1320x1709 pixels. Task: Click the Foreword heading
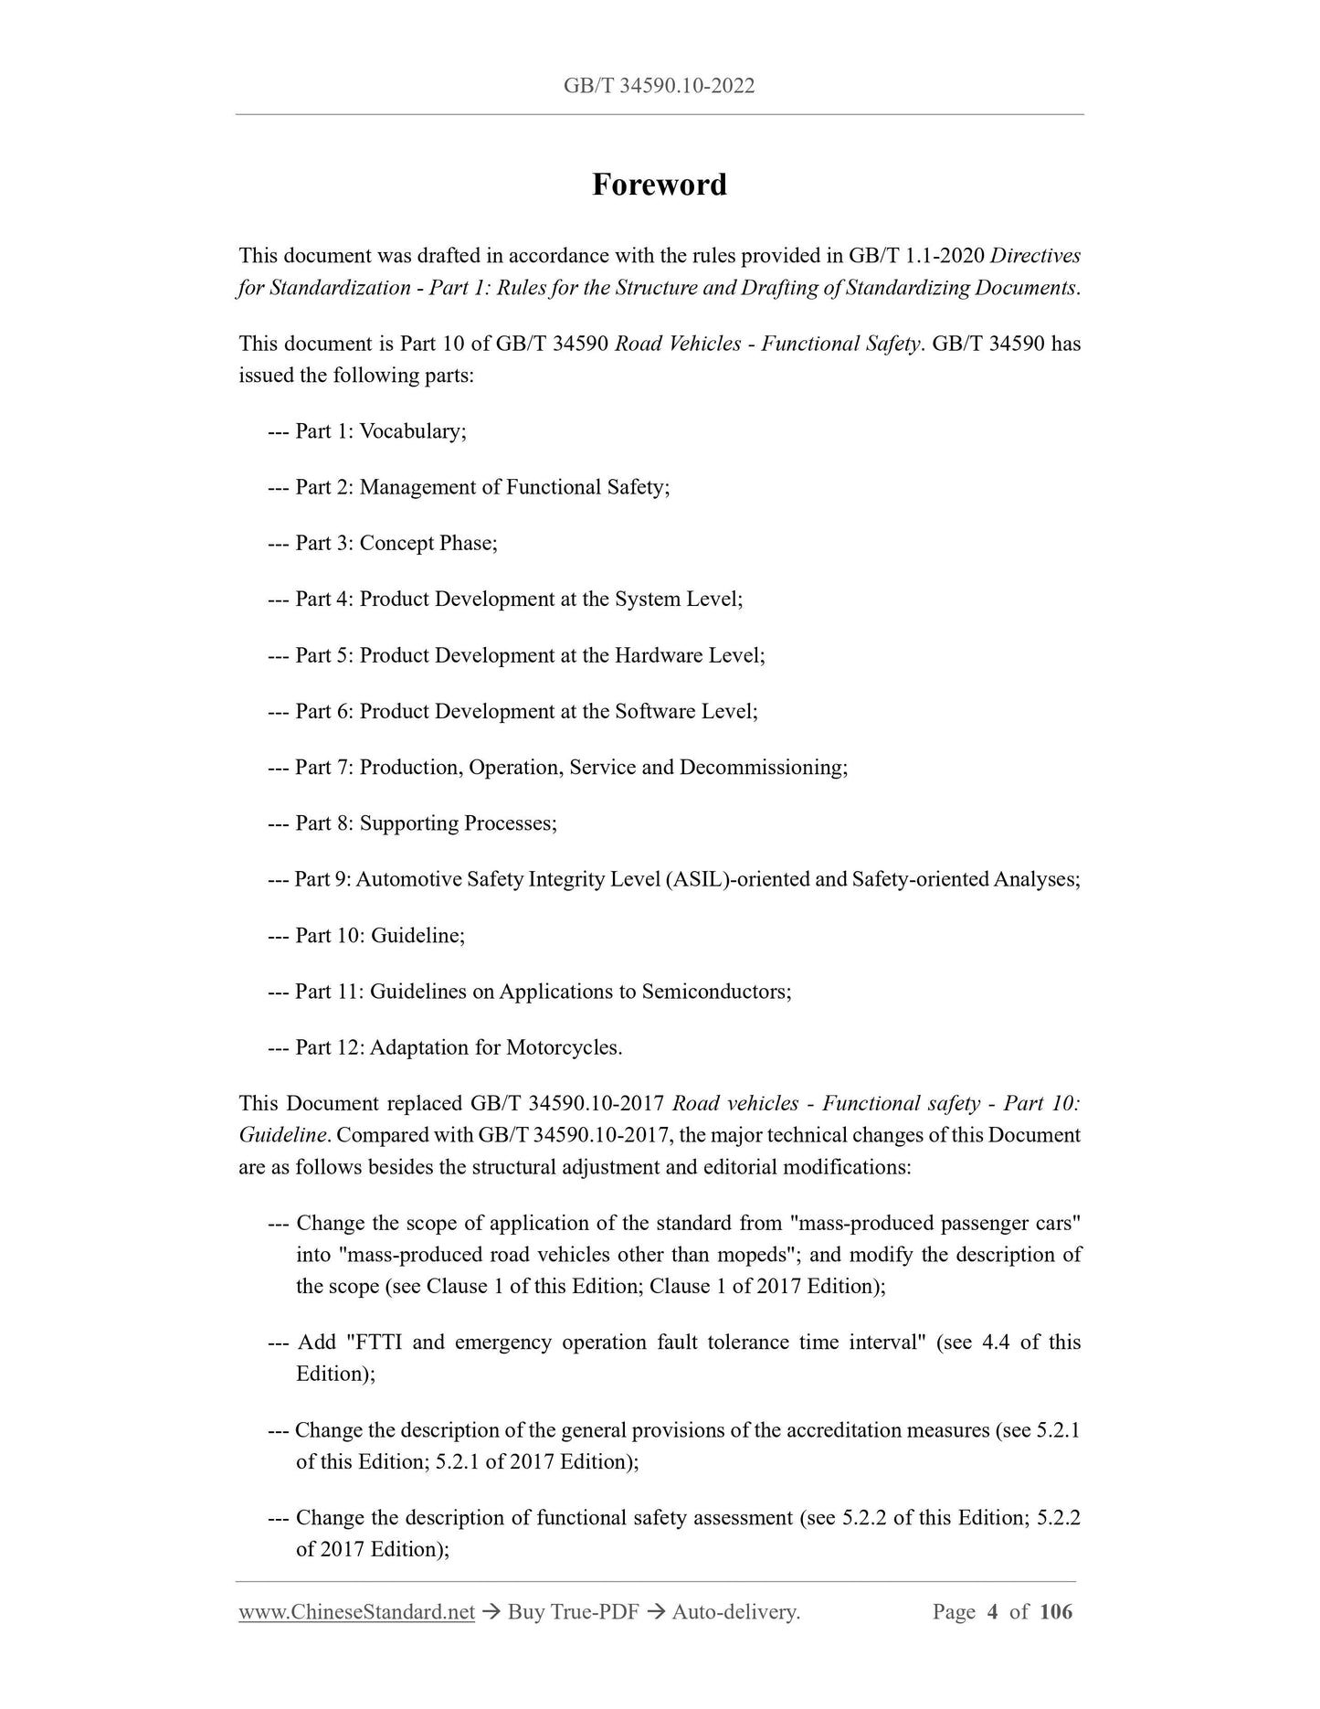click(x=659, y=185)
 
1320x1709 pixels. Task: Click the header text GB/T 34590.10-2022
click(x=659, y=86)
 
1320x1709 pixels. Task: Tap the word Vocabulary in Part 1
click(x=410, y=431)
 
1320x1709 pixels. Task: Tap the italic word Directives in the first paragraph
click(x=1036, y=256)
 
